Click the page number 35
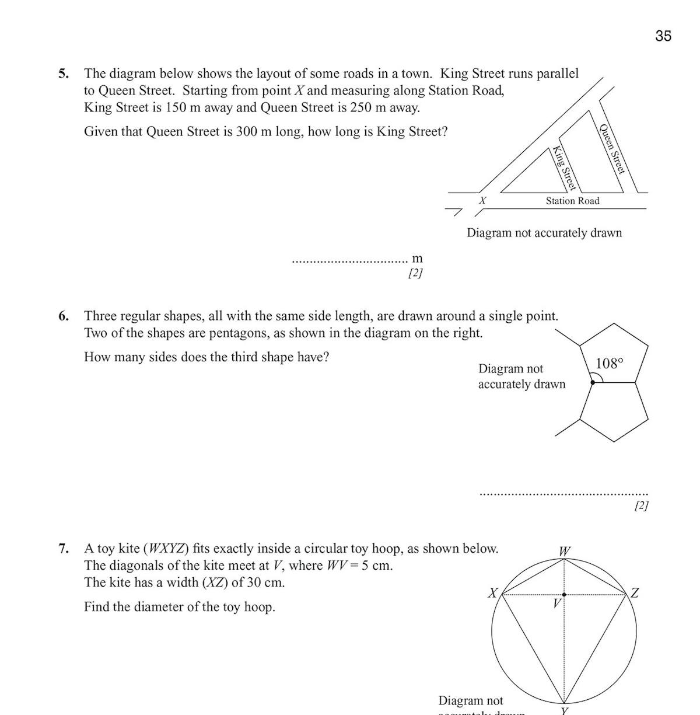[x=663, y=36]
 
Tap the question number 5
[x=64, y=74]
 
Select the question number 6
[x=64, y=316]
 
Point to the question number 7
[x=64, y=549]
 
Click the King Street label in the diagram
[x=564, y=168]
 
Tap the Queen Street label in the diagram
[x=612, y=149]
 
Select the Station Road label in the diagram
[x=572, y=201]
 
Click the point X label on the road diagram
[x=482, y=200]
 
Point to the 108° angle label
[x=610, y=364]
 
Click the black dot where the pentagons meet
[x=593, y=382]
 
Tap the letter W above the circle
[x=565, y=551]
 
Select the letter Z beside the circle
[x=635, y=594]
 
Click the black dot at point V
[x=564, y=594]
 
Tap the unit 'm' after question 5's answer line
[x=417, y=259]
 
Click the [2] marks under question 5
[x=415, y=273]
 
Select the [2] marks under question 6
[x=641, y=505]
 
